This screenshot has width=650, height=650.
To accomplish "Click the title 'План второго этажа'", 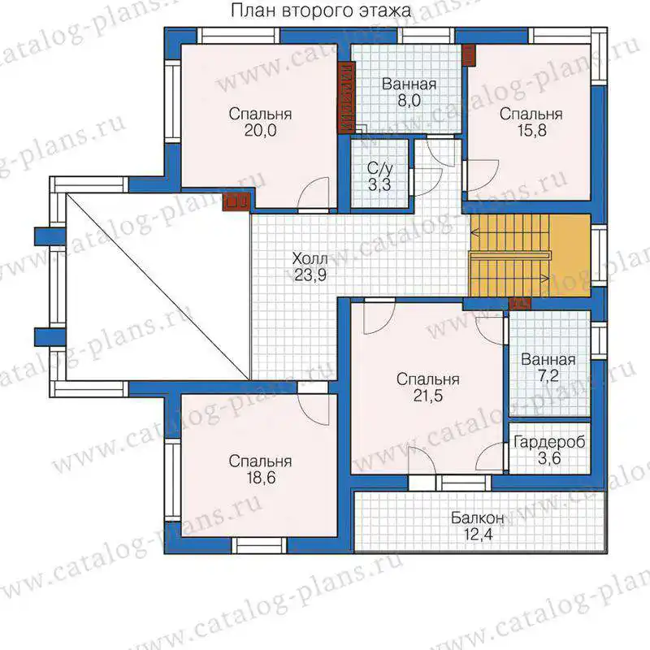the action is point(320,11).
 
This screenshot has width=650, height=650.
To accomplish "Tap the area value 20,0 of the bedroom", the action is point(260,131).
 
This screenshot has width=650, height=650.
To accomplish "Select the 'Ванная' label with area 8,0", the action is point(409,84).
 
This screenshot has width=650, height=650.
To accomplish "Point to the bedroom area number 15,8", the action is point(531,131).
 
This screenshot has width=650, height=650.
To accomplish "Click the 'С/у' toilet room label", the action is point(379,169).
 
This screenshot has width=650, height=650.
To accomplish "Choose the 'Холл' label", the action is point(310,258).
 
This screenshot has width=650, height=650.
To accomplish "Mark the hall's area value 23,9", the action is point(310,275).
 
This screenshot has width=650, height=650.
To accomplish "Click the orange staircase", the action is point(530,255).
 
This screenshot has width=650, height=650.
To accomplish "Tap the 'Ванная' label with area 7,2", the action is point(548,359).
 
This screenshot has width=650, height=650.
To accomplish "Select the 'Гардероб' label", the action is point(549,442).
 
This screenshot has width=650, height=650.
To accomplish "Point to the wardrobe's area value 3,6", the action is point(549,458).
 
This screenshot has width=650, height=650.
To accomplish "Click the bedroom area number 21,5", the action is point(428,396).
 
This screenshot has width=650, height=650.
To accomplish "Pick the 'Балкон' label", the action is point(478,518).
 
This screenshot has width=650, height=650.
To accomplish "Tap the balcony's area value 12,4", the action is point(478,535).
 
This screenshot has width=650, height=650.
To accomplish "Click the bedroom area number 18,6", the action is point(261,478).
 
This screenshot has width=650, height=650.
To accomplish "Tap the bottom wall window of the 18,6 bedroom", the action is point(259,545).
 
